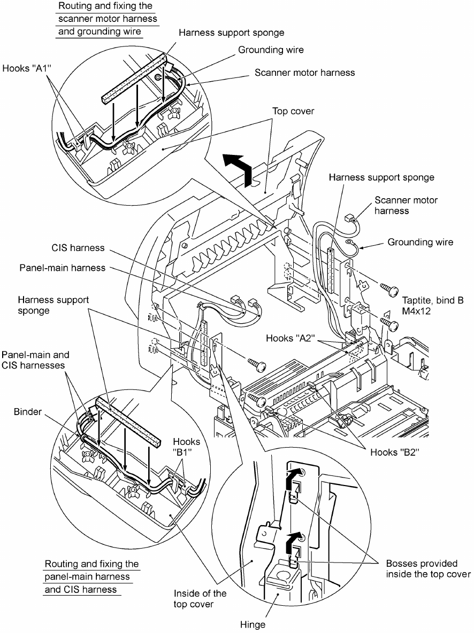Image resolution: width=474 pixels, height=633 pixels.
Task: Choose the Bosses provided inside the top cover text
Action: (x=428, y=568)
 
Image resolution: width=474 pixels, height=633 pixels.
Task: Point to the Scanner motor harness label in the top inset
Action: (x=304, y=72)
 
